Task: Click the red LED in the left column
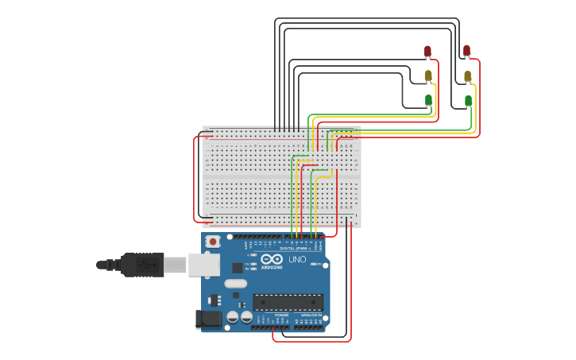click(x=427, y=52)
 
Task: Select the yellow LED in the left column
click(x=428, y=75)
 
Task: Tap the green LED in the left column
click(x=428, y=100)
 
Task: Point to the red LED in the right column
click(x=466, y=51)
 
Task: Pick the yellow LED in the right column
click(x=467, y=76)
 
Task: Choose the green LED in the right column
click(x=468, y=100)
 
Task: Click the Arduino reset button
click(x=212, y=241)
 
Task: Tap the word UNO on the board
click(x=296, y=260)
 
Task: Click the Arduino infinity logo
click(x=272, y=259)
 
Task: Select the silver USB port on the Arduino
click(x=203, y=265)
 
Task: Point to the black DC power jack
click(x=209, y=319)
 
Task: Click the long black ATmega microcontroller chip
click(x=288, y=302)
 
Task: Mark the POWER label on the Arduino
click(x=282, y=315)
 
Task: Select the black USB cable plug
click(x=143, y=265)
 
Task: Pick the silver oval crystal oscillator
click(x=236, y=284)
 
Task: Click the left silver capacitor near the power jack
click(x=232, y=316)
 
